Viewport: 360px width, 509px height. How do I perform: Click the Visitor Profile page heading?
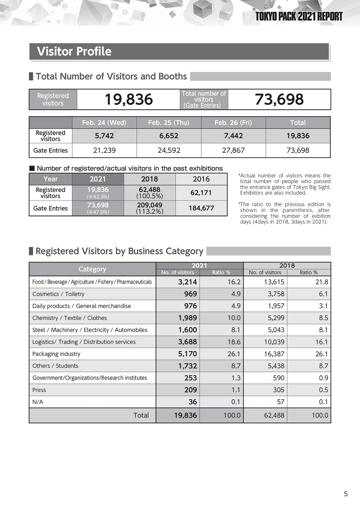74,52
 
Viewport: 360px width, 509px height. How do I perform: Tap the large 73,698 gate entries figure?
279,100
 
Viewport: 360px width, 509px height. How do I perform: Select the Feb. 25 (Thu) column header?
169,122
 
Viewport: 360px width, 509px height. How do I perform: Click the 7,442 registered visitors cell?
233,136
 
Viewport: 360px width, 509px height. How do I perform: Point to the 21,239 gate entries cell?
104,150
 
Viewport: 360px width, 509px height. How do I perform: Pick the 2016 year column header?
201,179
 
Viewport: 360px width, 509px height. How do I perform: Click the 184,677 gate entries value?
202,208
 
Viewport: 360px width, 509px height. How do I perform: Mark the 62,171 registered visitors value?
202,193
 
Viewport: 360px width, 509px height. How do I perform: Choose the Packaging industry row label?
56,354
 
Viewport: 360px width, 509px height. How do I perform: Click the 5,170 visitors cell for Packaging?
187,354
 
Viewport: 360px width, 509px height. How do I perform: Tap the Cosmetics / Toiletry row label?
58,294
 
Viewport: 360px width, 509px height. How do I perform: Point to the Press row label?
39,390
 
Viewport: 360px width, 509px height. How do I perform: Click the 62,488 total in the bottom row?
274,415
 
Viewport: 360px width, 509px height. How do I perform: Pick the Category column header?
92,269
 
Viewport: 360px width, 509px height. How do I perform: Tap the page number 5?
346,494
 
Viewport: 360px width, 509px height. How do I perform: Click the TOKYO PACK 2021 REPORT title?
299,17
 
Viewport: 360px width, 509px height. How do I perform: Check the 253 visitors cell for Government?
191,378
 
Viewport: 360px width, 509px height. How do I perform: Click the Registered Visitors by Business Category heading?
119,251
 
